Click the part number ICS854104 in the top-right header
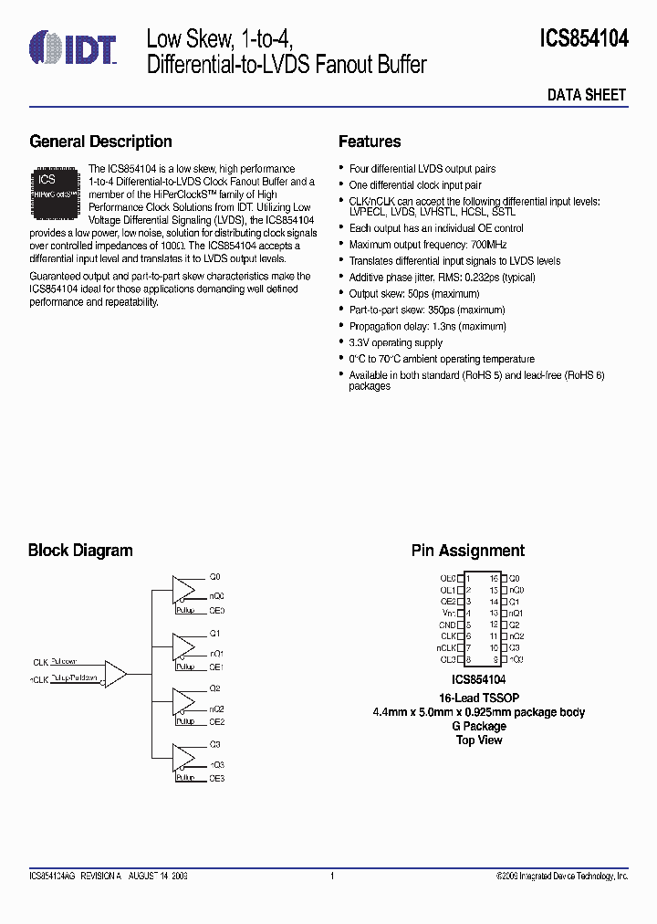pos(584,38)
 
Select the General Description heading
pos(100,142)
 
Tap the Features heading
pos(370,142)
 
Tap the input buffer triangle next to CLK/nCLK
pos(114,674)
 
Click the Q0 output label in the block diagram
pos(215,578)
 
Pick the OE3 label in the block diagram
pos(216,778)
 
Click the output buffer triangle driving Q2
pos(185,700)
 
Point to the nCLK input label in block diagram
pos(39,679)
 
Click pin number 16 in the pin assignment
pos(493,579)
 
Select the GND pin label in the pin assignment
pos(448,625)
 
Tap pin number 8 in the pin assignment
pos(468,659)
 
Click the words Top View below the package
pos(479,740)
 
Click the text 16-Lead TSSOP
pos(479,698)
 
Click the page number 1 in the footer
pos(332,876)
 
